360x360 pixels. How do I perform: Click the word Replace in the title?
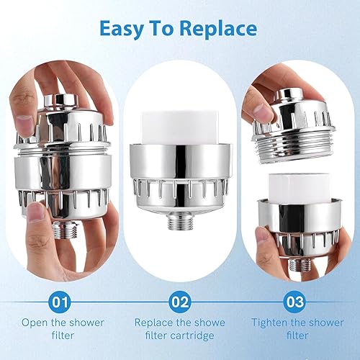(219, 30)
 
